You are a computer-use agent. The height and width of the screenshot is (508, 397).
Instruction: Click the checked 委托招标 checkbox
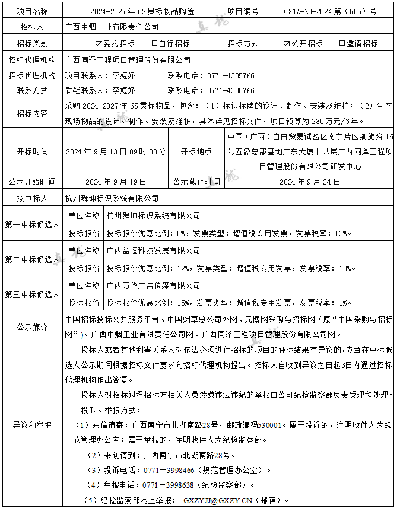click(99, 43)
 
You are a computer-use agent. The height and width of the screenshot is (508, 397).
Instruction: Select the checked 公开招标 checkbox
click(287, 43)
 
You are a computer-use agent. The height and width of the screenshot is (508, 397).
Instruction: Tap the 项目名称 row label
click(32, 11)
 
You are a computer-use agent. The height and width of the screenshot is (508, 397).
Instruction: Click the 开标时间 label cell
click(32, 151)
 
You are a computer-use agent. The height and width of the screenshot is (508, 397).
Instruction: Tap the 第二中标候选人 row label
click(32, 259)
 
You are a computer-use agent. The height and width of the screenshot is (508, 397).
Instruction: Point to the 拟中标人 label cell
click(32, 198)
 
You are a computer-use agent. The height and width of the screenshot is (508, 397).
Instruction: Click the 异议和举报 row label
click(32, 425)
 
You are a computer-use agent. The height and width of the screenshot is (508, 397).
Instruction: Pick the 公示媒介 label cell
click(32, 326)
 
